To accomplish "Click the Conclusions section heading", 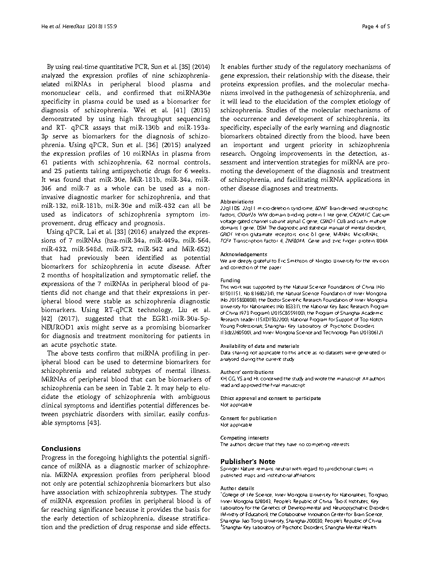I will tap(61, 448).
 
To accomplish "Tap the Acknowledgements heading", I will tap(244, 254).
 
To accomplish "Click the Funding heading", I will tap(230, 281).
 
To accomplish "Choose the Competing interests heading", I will tap(244, 437).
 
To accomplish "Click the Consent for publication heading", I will tap(248, 418).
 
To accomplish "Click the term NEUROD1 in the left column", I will tap(59, 336).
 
